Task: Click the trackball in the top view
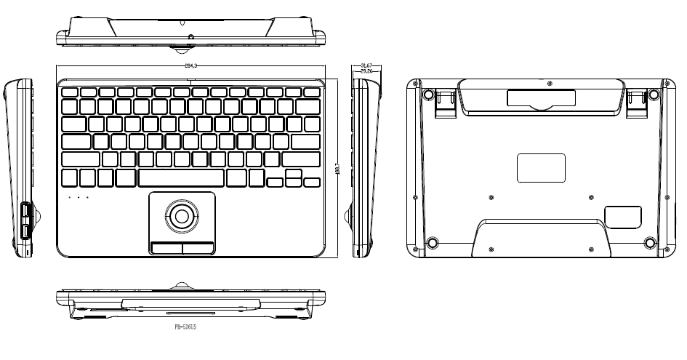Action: click(x=182, y=215)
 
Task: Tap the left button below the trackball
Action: click(x=166, y=247)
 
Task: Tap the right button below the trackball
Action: click(x=198, y=247)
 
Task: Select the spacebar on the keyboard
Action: click(x=181, y=177)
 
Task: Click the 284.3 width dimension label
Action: click(x=192, y=66)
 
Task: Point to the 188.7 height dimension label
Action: click(x=337, y=168)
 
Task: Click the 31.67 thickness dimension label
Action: click(x=366, y=66)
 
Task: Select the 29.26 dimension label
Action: click(x=366, y=71)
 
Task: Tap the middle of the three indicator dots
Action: click(x=79, y=197)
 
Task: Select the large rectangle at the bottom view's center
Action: click(x=541, y=168)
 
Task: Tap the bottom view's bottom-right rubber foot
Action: click(x=649, y=243)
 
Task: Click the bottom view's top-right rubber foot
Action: click(x=654, y=95)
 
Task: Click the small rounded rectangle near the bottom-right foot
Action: click(x=623, y=217)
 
